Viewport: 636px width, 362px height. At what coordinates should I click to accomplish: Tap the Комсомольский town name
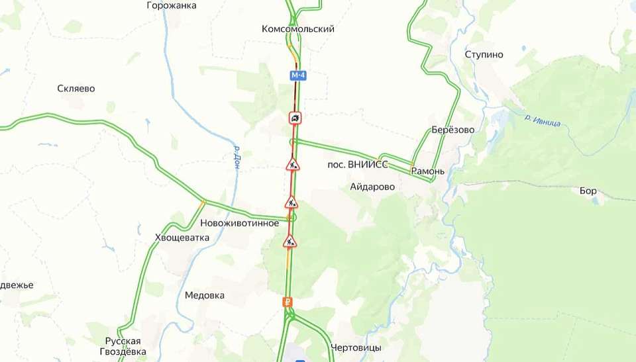[298, 29]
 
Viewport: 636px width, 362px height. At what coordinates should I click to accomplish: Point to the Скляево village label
[76, 89]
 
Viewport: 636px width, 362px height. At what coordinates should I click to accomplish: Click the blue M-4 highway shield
[298, 75]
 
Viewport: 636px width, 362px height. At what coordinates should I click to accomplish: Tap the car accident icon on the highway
[295, 118]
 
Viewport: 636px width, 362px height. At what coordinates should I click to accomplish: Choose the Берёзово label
[452, 130]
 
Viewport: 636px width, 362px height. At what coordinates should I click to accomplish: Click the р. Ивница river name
[542, 120]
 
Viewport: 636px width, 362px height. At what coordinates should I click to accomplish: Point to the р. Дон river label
[237, 158]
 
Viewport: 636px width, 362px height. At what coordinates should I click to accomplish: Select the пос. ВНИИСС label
[358, 164]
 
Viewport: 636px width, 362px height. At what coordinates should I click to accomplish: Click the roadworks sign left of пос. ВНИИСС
[293, 164]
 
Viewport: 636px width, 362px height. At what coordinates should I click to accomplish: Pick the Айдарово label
[372, 187]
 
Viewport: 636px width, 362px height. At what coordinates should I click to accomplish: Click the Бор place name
[588, 191]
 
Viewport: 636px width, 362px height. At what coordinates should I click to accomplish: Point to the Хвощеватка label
[182, 238]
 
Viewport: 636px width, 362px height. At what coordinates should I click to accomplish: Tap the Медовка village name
[204, 295]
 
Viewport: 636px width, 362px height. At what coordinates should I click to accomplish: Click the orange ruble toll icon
[288, 302]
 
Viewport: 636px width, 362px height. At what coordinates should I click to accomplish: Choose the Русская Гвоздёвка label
[122, 346]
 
